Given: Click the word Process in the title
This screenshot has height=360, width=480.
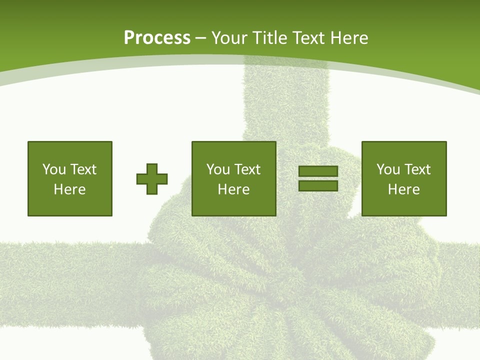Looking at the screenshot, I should point(157,38).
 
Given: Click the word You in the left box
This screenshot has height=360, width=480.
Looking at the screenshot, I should point(54,169).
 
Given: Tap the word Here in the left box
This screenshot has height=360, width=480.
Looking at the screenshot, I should point(69,189).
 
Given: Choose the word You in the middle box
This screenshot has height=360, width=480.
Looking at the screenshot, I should point(218,169).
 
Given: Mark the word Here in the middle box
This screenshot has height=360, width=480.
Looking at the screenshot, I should point(233,189).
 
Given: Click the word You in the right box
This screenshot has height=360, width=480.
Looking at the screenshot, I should point(388,169).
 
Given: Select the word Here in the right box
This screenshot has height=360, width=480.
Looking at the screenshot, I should point(403,189).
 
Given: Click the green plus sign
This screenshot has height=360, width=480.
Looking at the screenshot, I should point(152,179).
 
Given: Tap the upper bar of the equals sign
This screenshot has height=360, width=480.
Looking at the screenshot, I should point(318,171).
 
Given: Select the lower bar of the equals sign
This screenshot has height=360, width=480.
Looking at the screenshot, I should point(318,185).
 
